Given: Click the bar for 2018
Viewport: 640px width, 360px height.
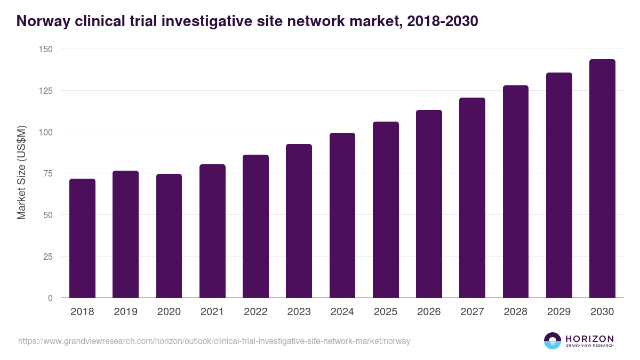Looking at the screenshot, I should tap(82, 238).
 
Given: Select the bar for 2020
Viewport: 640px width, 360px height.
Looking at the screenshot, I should tap(169, 236).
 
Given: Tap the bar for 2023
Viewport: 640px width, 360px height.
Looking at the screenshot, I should tap(299, 221).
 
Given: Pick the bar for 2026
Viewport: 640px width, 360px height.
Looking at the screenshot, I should tap(429, 204).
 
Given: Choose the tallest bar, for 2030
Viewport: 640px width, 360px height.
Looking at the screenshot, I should tap(602, 179).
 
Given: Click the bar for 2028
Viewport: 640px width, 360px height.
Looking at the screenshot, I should tap(515, 191).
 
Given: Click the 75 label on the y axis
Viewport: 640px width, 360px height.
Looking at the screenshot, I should tap(47, 173).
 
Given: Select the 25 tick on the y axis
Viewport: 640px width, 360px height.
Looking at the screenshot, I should tap(47, 257).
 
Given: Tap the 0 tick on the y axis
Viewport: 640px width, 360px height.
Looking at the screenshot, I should tap(50, 298).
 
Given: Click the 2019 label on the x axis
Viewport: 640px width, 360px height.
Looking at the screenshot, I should tap(125, 312).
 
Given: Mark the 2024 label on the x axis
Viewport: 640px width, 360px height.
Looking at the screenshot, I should tap(342, 312).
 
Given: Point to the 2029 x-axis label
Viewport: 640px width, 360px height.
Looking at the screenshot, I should tap(559, 312).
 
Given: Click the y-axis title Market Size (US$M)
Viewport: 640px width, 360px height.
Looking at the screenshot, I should tap(21, 173).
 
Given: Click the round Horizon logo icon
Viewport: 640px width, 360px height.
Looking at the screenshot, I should tap(553, 341).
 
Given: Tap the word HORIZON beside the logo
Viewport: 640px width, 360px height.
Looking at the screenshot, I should tap(589, 339).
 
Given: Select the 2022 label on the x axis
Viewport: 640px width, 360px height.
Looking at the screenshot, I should tap(255, 312).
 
